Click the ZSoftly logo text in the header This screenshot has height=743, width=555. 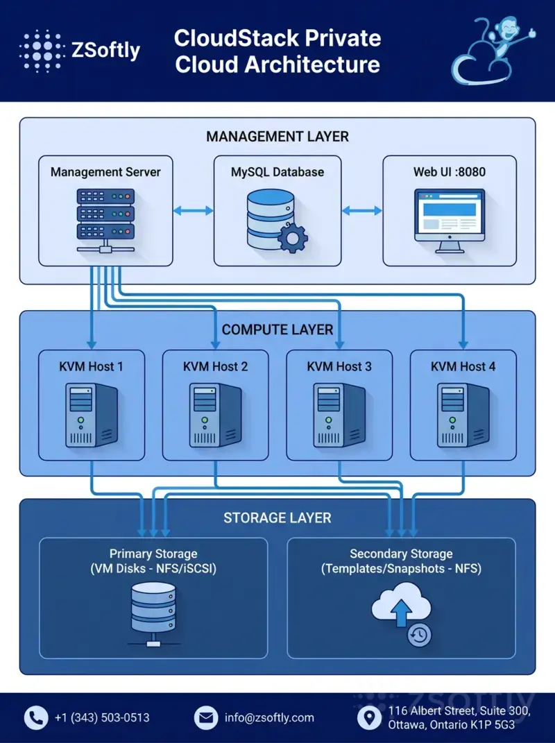(105, 50)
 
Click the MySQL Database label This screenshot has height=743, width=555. (277, 171)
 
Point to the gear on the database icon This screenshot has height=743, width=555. (293, 238)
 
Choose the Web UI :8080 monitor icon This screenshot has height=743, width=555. (450, 219)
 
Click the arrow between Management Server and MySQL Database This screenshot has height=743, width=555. (193, 210)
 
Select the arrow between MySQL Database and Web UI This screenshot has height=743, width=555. (361, 210)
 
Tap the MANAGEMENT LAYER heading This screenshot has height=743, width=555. (277, 137)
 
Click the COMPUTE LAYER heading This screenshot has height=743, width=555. (277, 330)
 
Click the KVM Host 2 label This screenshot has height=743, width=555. (215, 366)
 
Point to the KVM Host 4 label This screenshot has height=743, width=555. (463, 366)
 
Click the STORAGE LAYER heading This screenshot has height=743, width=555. (277, 518)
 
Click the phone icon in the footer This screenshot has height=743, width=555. (36, 717)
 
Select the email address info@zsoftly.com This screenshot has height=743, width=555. (269, 717)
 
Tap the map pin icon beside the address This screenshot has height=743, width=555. (369, 717)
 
